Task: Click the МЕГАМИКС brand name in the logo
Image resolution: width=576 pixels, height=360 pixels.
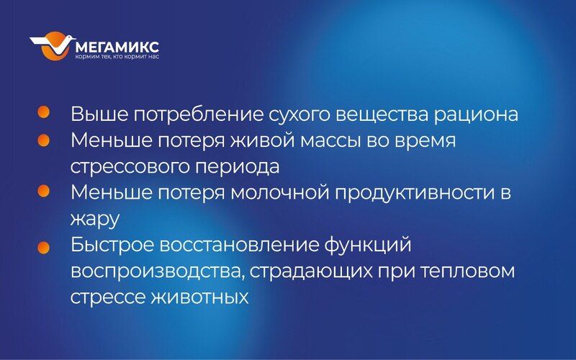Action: pos(117,47)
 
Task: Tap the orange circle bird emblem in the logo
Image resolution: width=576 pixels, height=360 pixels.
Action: pos(53,45)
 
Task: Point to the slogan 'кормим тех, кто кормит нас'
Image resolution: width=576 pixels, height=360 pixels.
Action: pos(117,57)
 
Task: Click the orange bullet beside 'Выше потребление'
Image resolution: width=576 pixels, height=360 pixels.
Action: pos(43,112)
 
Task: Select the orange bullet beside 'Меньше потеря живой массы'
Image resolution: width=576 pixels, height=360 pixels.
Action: pos(43,140)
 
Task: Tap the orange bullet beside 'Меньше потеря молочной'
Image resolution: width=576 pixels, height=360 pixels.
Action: pos(43,191)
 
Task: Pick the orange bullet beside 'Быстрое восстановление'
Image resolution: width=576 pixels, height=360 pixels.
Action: pos(43,247)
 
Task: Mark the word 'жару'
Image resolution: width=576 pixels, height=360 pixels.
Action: pos(95,220)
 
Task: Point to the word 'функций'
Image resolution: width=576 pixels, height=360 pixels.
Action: pos(367,246)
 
